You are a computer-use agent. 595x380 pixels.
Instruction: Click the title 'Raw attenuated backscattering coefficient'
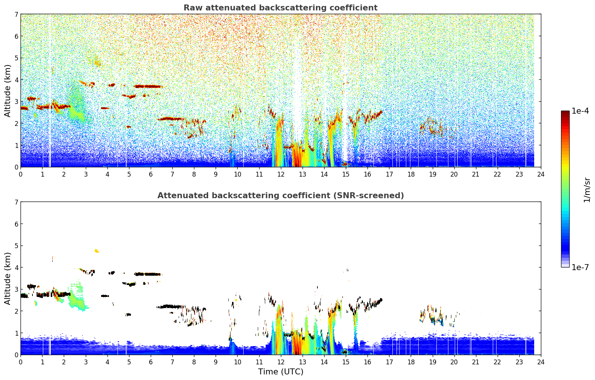pyautogui.click(x=281, y=8)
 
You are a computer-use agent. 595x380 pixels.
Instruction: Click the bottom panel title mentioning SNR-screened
pyautogui.click(x=281, y=195)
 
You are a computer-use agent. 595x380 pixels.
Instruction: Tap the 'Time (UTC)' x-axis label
pyautogui.click(x=281, y=371)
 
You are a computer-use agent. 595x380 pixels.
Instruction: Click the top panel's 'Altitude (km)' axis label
pyautogui.click(x=7, y=91)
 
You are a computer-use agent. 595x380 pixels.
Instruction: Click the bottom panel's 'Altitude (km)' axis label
pyautogui.click(x=7, y=278)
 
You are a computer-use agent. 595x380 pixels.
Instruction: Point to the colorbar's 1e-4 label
pyautogui.click(x=580, y=111)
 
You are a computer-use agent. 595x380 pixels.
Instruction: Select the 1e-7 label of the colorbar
pyautogui.click(x=580, y=267)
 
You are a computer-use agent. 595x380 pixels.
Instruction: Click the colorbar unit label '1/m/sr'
pyautogui.click(x=587, y=190)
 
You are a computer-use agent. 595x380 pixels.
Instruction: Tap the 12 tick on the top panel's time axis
pyautogui.click(x=281, y=174)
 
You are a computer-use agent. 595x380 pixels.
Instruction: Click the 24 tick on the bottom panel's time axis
pyautogui.click(x=541, y=362)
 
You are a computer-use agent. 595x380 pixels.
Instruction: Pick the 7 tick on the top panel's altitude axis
pyautogui.click(x=16, y=14)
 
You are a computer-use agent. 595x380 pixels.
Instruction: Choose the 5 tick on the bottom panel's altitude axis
pyautogui.click(x=16, y=246)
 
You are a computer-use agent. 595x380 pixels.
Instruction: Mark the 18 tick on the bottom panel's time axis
pyautogui.click(x=411, y=362)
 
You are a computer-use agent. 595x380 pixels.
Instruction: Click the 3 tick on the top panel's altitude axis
pyautogui.click(x=16, y=102)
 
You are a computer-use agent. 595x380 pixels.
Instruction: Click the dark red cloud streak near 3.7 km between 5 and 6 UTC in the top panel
pyautogui.click(x=148, y=86)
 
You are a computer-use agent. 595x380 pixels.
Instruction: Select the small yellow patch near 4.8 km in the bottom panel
pyautogui.click(x=97, y=251)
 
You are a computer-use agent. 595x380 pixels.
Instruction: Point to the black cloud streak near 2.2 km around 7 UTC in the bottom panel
pyautogui.click(x=170, y=307)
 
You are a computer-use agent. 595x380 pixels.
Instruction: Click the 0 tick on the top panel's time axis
pyautogui.click(x=21, y=174)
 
